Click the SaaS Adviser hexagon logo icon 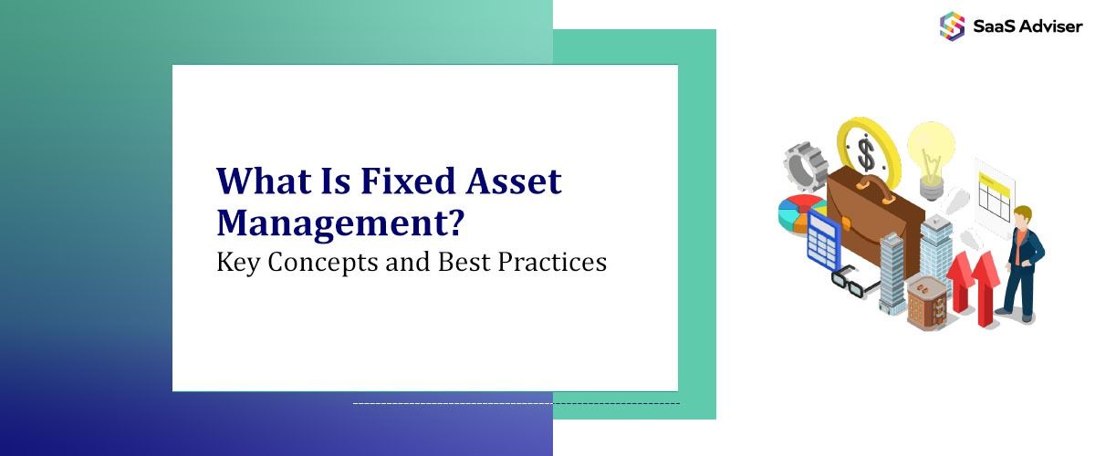tap(952, 25)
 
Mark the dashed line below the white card tap(516, 403)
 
